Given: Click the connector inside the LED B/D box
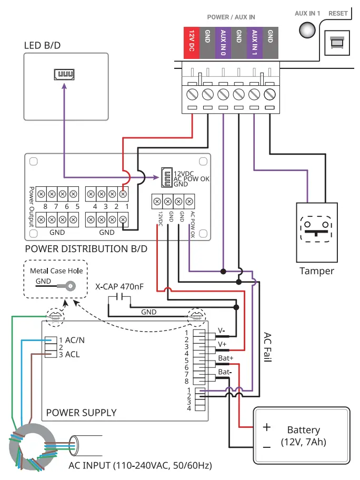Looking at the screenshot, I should pos(63,75).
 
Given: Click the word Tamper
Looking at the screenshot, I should pos(317,271).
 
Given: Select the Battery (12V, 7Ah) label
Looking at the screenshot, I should pos(303,436).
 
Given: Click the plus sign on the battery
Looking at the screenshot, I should pos(267,427).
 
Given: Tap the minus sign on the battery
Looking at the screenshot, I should pos(267,447).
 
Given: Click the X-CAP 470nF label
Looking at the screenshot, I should pos(119,287).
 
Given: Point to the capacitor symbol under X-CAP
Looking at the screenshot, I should pos(119,300).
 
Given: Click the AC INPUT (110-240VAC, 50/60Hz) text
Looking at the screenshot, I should pos(140,466).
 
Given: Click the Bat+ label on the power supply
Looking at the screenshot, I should pos(225,358).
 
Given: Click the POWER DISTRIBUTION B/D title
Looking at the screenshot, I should pos(86,248).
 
